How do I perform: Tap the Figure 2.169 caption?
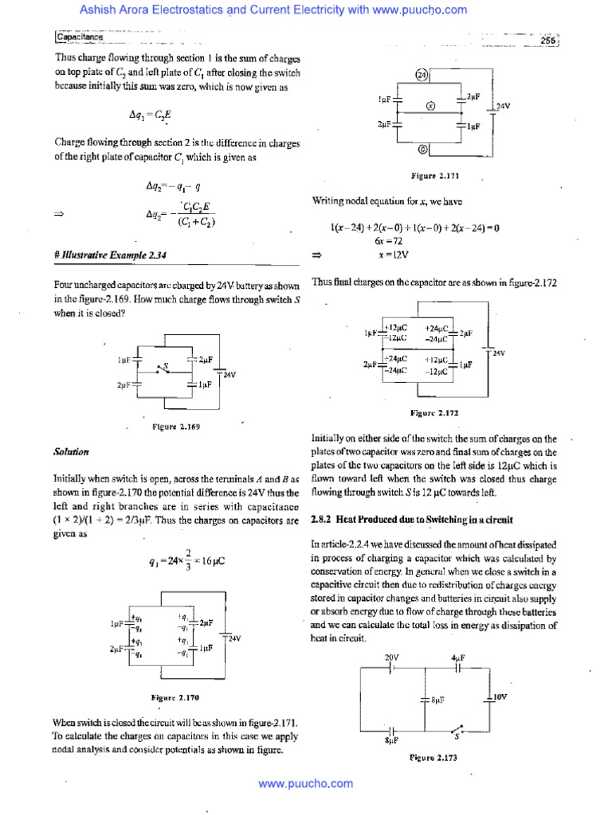pyautogui.click(x=175, y=427)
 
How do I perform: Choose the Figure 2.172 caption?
pyautogui.click(x=433, y=413)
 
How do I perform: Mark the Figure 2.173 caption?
pyautogui.click(x=433, y=758)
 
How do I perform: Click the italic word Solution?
pyautogui.click(x=71, y=452)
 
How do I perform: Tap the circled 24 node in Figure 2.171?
pyautogui.click(x=422, y=76)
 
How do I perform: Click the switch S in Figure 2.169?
pyautogui.click(x=165, y=368)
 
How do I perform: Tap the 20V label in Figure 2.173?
pyautogui.click(x=391, y=657)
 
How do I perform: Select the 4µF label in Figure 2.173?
pyautogui.click(x=457, y=657)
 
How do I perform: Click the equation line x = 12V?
pyautogui.click(x=393, y=255)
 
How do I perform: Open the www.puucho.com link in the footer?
pyautogui.click(x=306, y=784)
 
